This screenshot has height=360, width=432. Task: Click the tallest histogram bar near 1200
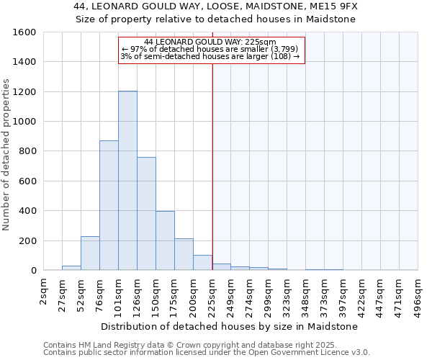[127, 180]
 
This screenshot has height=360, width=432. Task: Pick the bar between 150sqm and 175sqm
[165, 240]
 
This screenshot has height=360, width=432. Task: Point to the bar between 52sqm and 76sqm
[90, 253]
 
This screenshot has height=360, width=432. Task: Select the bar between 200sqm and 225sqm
[202, 263]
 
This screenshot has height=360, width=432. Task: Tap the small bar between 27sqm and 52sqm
[71, 268]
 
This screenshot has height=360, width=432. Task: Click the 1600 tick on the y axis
[24, 32]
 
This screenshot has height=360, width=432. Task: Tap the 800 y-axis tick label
[27, 151]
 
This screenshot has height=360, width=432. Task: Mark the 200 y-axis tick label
[27, 240]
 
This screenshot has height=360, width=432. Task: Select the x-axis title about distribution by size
[229, 326]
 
